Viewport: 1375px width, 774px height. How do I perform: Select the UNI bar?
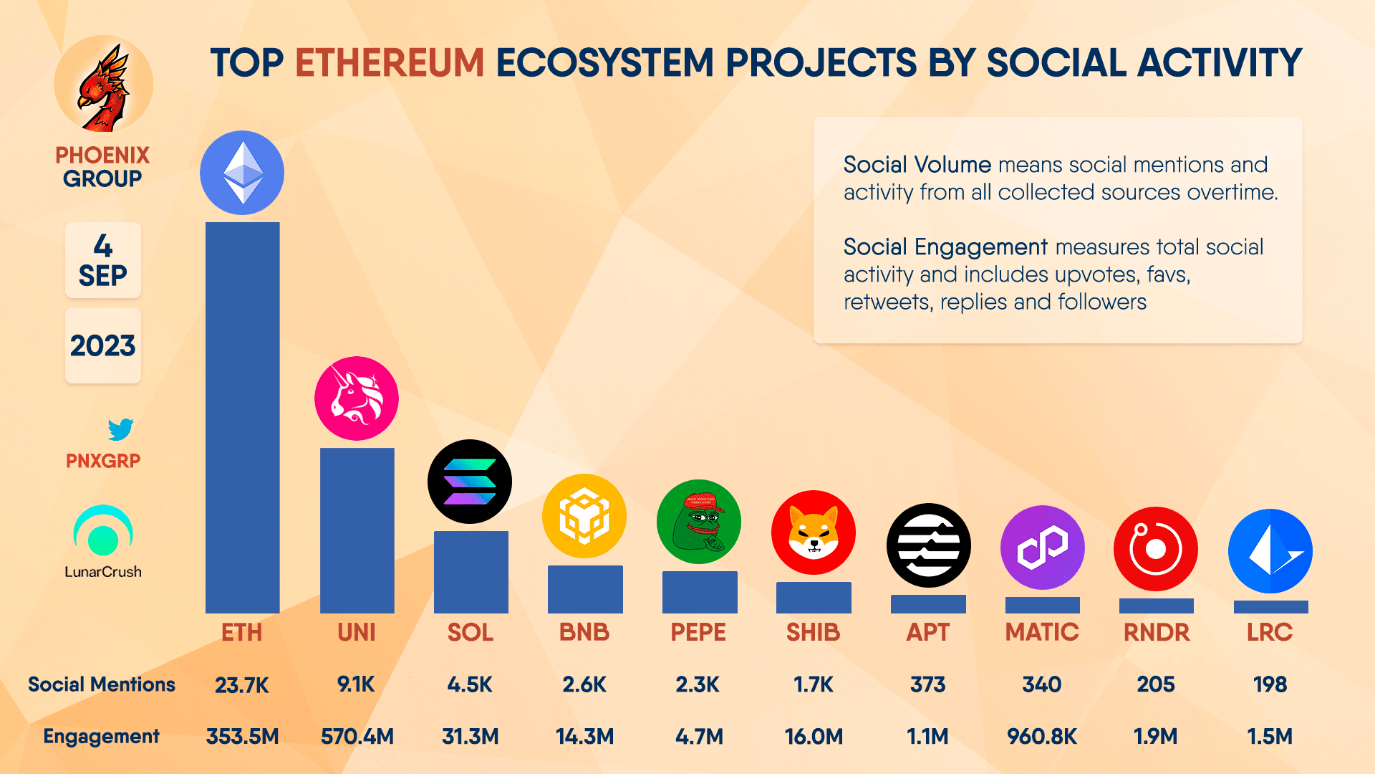pos(357,530)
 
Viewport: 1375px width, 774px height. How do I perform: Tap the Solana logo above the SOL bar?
pos(470,482)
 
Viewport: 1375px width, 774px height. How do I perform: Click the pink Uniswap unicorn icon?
pos(357,398)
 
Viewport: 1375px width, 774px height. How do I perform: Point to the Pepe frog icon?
pos(698,522)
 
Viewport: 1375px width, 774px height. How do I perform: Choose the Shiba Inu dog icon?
pos(813,532)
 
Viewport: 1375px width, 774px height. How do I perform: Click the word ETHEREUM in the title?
pos(390,63)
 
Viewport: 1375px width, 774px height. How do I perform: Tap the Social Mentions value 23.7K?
pos(242,685)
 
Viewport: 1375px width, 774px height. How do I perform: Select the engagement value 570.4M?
pos(357,737)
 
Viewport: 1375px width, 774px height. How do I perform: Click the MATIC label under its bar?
pos(1042,632)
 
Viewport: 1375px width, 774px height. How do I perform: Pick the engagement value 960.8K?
pos(1042,737)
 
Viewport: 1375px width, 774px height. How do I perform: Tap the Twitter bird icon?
pos(120,429)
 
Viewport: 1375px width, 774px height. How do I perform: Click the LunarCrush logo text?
pos(103,572)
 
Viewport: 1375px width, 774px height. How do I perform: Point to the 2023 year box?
pos(103,346)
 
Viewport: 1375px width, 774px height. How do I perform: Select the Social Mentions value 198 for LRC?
pos(1270,685)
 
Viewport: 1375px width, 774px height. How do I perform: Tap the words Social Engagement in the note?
pos(945,247)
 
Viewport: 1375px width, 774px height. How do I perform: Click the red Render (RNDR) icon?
pos(1155,549)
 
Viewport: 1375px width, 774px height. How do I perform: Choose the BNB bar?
pos(585,589)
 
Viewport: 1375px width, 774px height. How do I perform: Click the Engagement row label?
pos(101,737)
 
